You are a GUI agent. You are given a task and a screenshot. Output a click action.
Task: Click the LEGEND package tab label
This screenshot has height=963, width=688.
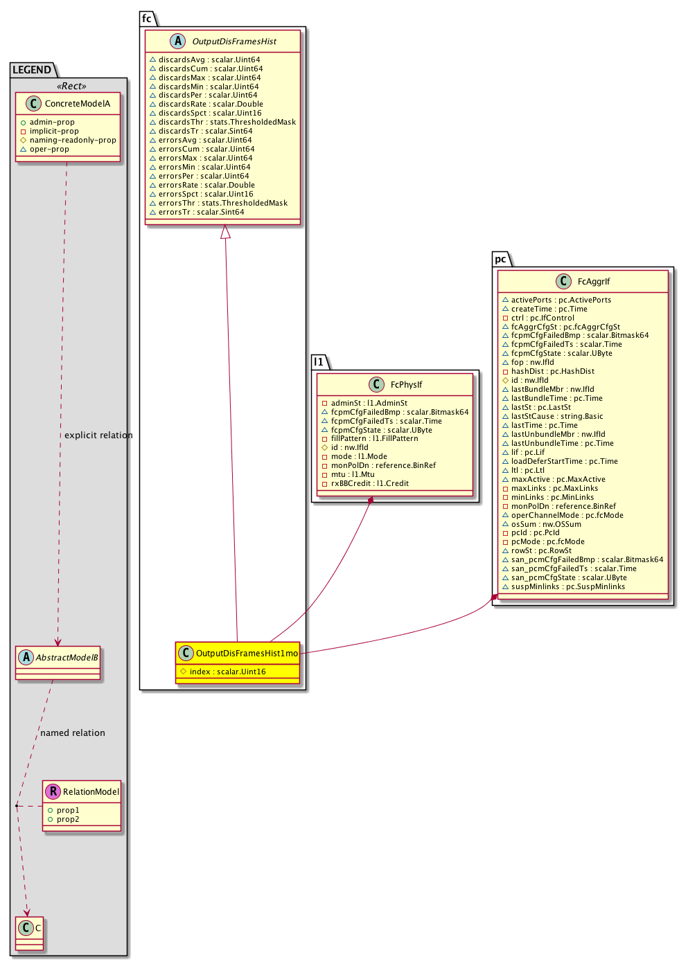coord(32,70)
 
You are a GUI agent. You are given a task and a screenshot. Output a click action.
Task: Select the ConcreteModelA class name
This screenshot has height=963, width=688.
coord(78,104)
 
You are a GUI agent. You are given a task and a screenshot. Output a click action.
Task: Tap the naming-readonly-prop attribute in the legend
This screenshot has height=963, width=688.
coord(73,140)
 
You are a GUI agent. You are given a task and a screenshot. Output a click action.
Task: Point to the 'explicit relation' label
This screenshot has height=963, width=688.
coord(98,435)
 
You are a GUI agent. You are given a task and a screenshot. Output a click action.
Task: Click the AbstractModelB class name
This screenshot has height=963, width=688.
coord(67,658)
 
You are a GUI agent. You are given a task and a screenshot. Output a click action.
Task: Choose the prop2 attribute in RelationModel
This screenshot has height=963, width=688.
coord(68,819)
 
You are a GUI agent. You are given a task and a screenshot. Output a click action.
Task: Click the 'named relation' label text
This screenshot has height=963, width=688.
coord(73,733)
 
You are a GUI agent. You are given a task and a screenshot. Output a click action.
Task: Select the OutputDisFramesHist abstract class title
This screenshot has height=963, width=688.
coord(234,42)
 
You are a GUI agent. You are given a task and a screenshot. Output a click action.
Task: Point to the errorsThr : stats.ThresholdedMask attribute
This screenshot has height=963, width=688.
coord(223,203)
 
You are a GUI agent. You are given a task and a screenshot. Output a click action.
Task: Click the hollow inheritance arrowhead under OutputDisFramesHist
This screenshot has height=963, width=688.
coord(225,233)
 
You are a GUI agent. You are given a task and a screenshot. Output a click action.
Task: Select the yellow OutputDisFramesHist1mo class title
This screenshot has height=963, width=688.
coord(247,654)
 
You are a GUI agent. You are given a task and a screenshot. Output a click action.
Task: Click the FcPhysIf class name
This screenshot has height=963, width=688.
coord(406,385)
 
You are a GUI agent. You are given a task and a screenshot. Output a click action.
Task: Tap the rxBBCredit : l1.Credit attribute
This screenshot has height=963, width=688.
coord(369,483)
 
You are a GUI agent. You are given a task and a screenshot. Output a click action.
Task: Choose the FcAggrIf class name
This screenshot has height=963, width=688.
coord(594,282)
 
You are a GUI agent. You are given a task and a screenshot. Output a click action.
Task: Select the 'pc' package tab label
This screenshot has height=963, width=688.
coord(500,259)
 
